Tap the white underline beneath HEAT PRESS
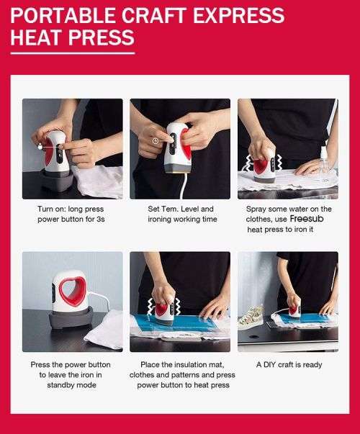click(x=72, y=53)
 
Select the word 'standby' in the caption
click(x=48, y=384)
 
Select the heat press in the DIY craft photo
click(x=294, y=306)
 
